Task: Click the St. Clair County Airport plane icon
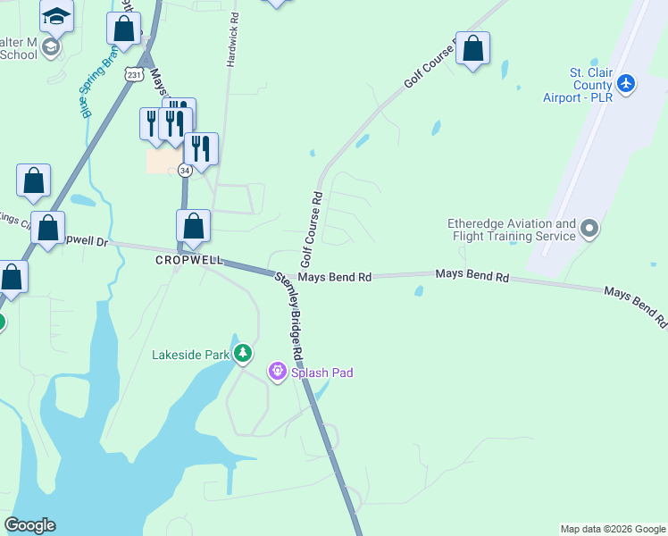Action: [626, 82]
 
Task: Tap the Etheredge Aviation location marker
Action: [589, 230]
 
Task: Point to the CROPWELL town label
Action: [188, 260]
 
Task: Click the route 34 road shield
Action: [184, 170]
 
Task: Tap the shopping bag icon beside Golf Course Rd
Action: [473, 48]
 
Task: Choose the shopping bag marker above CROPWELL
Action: [194, 227]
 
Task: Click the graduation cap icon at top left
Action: [57, 15]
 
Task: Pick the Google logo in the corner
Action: [29, 525]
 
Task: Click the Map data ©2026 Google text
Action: [612, 529]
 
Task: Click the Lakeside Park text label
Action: [191, 355]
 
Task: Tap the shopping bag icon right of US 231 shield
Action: [124, 28]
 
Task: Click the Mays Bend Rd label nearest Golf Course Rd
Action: [334, 278]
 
